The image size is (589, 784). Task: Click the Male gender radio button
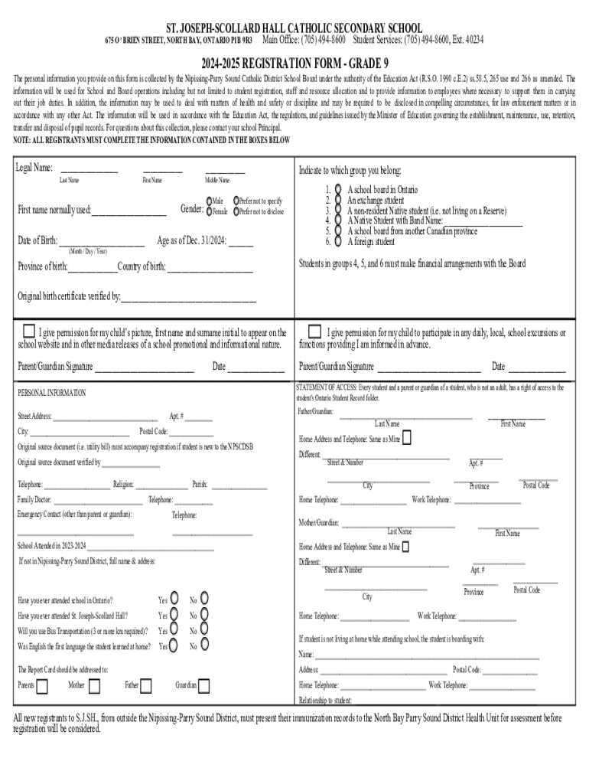point(209,201)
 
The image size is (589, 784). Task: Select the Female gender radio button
point(209,211)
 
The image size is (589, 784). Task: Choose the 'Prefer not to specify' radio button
point(237,201)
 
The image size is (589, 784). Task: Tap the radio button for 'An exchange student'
point(337,199)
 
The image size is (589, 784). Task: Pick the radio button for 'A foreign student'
point(337,242)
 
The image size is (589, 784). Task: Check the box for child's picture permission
point(28,332)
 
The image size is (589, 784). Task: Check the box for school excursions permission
point(314,332)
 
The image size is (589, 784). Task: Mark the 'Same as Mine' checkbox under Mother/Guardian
point(405,547)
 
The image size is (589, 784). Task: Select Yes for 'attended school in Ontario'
point(174,598)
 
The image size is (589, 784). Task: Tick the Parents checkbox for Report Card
point(42,684)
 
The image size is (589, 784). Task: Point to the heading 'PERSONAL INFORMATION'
point(51,393)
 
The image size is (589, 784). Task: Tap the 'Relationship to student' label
point(325,700)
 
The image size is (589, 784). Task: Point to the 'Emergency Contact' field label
point(74,514)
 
